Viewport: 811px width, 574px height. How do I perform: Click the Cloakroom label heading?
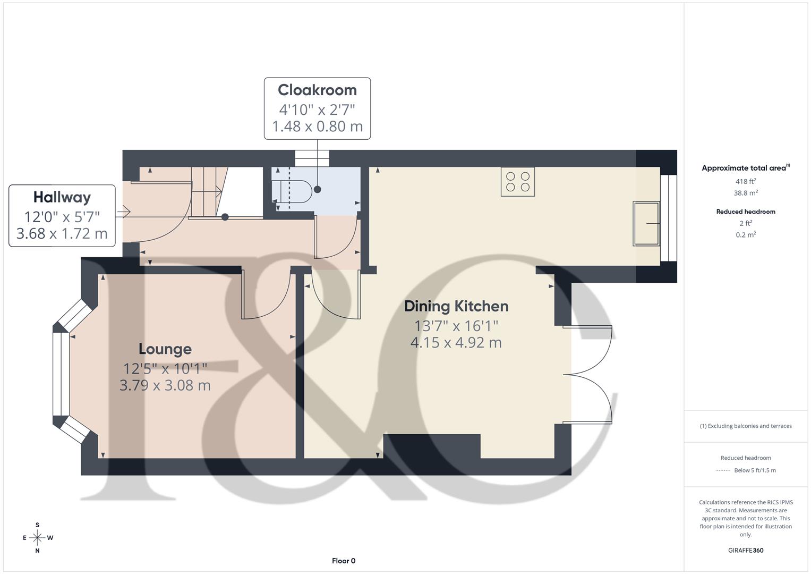[x=317, y=90]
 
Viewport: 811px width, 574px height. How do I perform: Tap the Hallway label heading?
[x=62, y=198]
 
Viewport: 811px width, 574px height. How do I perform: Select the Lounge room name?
[x=165, y=349]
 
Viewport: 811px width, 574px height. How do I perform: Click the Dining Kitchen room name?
[x=456, y=306]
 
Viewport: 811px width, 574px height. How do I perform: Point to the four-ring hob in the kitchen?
[x=518, y=182]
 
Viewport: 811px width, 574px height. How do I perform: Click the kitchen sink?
[x=646, y=224]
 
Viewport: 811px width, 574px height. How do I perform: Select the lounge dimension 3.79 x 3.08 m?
[x=165, y=385]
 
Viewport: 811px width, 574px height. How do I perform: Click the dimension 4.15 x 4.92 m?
[x=456, y=343]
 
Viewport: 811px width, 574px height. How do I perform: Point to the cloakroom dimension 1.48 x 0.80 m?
[x=317, y=126]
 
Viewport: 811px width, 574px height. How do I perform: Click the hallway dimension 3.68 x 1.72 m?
[x=62, y=234]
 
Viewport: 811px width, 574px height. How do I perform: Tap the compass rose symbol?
[x=37, y=538]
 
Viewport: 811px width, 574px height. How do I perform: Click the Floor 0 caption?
[x=344, y=561]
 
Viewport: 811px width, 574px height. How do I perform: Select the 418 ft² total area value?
[x=746, y=181]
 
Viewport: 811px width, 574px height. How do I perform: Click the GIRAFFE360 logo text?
[x=746, y=550]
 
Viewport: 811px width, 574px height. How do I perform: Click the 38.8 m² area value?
[x=746, y=193]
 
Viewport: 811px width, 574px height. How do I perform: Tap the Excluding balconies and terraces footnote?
[x=746, y=426]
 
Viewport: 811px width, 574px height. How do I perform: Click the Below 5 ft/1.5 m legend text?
[x=755, y=470]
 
